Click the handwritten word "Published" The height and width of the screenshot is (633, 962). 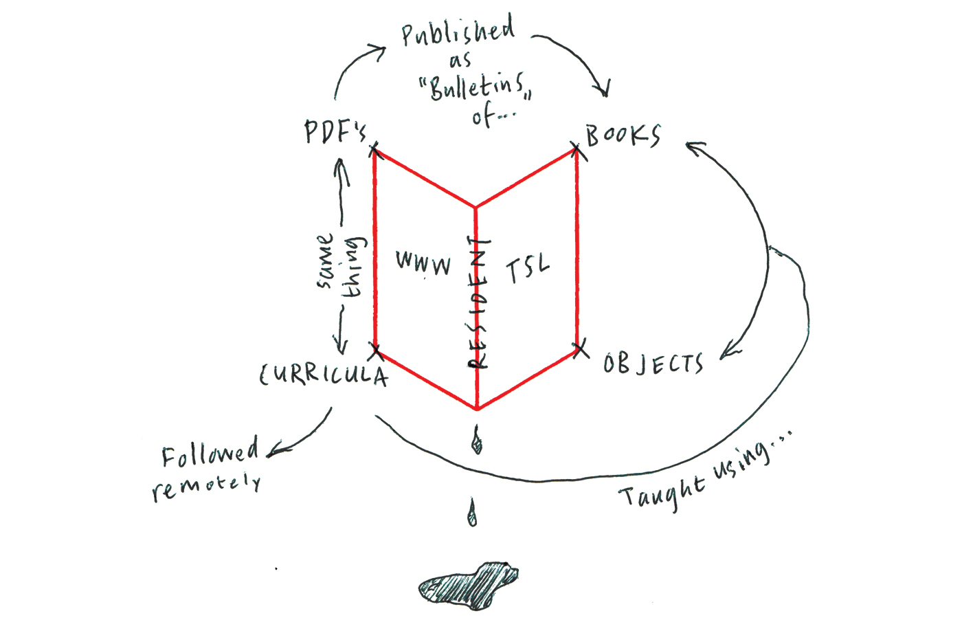[x=458, y=30]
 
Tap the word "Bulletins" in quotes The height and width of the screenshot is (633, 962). [x=476, y=87]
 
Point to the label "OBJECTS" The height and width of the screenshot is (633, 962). [x=653, y=364]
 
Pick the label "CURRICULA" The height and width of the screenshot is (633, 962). [x=324, y=375]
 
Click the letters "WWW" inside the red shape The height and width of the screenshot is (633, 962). [x=423, y=263]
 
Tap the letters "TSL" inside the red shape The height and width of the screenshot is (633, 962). [x=528, y=268]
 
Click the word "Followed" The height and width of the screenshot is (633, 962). [x=210, y=453]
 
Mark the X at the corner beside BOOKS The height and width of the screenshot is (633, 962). [x=577, y=151]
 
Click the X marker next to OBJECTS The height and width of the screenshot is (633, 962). [x=581, y=348]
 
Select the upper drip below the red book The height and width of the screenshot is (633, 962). [x=477, y=440]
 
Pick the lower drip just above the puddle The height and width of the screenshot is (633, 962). [x=473, y=513]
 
